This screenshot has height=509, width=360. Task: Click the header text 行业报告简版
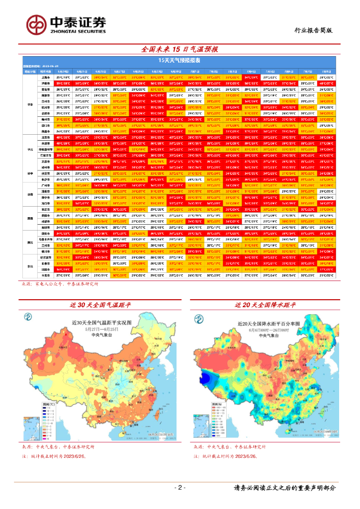313,30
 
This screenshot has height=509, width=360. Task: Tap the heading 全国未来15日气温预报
180,50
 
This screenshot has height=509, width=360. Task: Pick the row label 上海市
45,78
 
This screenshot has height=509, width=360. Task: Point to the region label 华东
30,104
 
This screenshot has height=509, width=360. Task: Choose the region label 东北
30,266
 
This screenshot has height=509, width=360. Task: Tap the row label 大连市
45,274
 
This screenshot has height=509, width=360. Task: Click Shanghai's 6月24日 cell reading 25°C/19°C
63,78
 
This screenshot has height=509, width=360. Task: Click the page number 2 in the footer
180,488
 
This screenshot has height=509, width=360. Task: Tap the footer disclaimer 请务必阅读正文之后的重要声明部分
284,488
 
